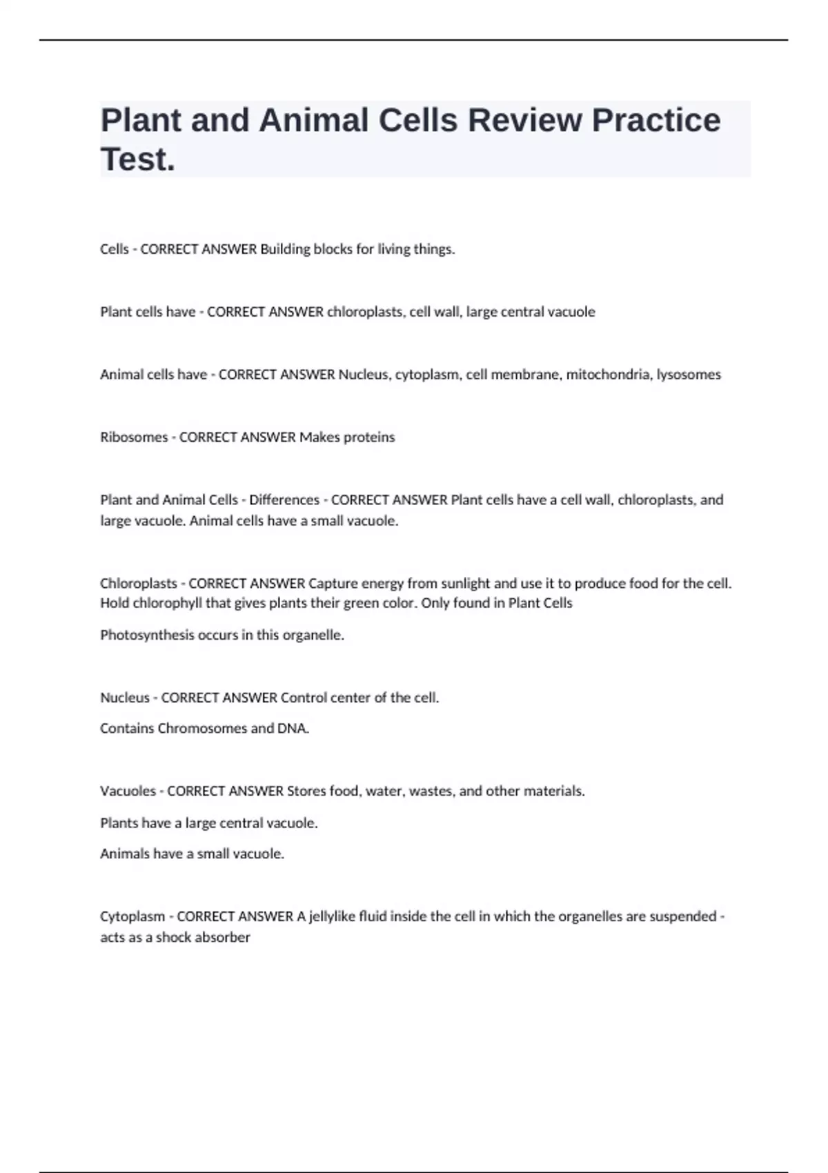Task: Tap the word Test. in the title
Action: pos(138,159)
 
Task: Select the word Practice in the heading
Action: pos(656,120)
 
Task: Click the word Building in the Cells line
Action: pos(285,249)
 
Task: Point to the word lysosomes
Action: pos(689,375)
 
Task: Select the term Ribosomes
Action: pos(134,437)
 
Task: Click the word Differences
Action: pos(284,500)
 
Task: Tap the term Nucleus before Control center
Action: pos(125,698)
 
